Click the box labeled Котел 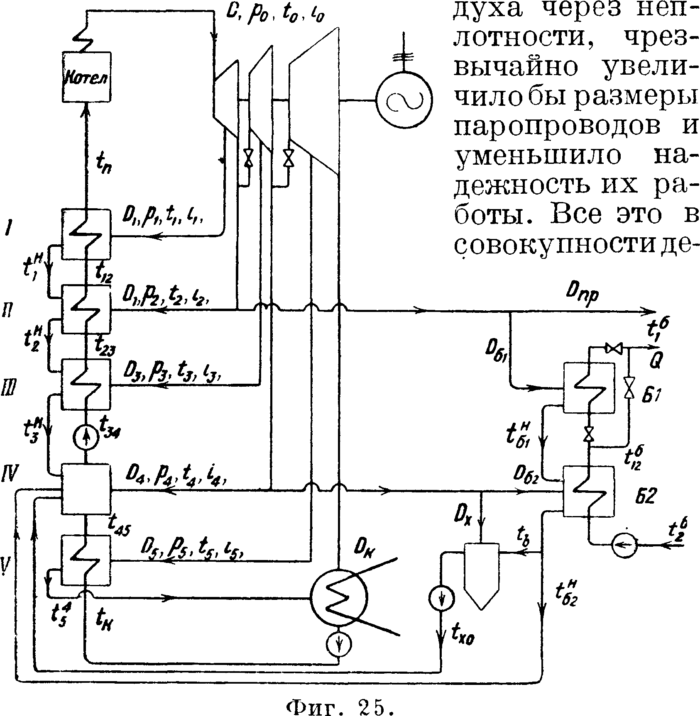click(x=87, y=77)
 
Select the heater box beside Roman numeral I click(x=86, y=235)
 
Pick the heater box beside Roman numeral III click(x=86, y=384)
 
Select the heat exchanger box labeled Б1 click(x=588, y=388)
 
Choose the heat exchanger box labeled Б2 click(x=588, y=491)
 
